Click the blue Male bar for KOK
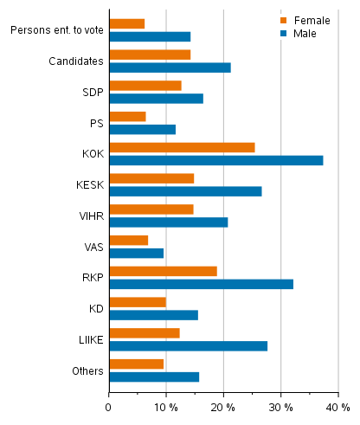point(216,160)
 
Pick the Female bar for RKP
point(163,271)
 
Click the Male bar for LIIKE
point(188,345)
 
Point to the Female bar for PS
point(127,116)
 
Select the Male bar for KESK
point(185,191)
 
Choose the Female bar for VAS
point(129,240)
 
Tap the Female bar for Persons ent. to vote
point(127,23)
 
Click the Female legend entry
point(303,20)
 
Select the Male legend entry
point(299,33)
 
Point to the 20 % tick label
point(223,406)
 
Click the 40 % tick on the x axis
point(337,406)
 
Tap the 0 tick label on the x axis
point(109,406)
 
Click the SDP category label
point(93,92)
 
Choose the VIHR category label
point(90,216)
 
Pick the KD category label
point(96,308)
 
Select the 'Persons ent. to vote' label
point(57,30)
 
